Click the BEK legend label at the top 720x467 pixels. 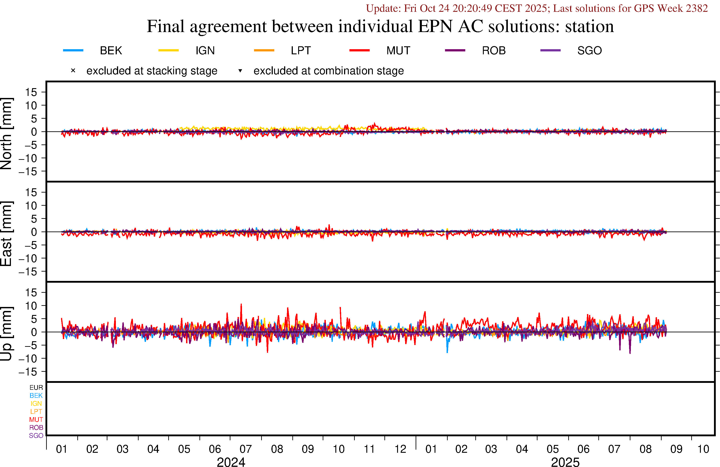pos(111,51)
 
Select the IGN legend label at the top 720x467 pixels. pos(205,51)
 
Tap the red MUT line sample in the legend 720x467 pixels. pos(359,50)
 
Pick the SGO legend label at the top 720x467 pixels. pos(589,51)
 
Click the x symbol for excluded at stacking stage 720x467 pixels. pos(73,71)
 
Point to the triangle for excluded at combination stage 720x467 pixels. pos(240,71)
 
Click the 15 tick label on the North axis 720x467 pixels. pos(31,92)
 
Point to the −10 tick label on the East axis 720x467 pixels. pos(28,258)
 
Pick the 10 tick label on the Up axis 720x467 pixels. pos(31,306)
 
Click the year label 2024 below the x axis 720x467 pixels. pos(231,462)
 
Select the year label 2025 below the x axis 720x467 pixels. pos(565,462)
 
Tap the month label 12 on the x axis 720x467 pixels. pos(400,449)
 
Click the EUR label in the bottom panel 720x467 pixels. pos(36,388)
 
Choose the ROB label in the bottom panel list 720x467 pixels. pos(36,428)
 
